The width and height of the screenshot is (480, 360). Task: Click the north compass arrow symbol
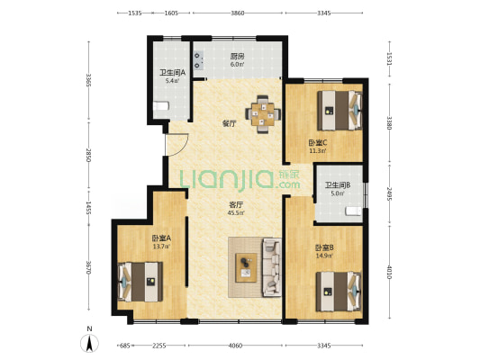pyautogui.click(x=89, y=344)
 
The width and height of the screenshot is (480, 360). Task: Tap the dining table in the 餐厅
pyautogui.click(x=263, y=114)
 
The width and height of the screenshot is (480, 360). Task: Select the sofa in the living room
pyautogui.click(x=272, y=267)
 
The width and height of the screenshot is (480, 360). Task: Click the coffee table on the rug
pyautogui.click(x=246, y=267)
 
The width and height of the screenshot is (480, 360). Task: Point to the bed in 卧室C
pyautogui.click(x=340, y=110)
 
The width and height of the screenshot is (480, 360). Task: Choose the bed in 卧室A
pyautogui.click(x=140, y=282)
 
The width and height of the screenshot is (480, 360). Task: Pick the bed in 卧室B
pyautogui.click(x=339, y=292)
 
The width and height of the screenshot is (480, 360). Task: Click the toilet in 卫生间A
pyautogui.click(x=161, y=106)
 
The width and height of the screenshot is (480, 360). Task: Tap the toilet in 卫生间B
pyautogui.click(x=354, y=211)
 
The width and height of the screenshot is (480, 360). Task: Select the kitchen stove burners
pyautogui.click(x=198, y=60)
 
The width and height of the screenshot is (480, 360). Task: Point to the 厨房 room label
pyautogui.click(x=237, y=56)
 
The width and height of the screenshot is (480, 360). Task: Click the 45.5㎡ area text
pyautogui.click(x=236, y=213)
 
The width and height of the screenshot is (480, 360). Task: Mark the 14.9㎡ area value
pyautogui.click(x=324, y=256)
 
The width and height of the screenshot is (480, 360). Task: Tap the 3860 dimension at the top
pyautogui.click(x=238, y=13)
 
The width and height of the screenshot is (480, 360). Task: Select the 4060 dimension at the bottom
pyautogui.click(x=235, y=346)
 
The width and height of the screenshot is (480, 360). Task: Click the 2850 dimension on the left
pyautogui.click(x=88, y=156)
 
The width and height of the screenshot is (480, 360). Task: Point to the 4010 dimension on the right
pyautogui.click(x=389, y=272)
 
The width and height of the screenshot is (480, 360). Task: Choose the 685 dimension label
pyautogui.click(x=125, y=346)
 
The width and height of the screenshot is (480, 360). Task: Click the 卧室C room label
pyautogui.click(x=318, y=142)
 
